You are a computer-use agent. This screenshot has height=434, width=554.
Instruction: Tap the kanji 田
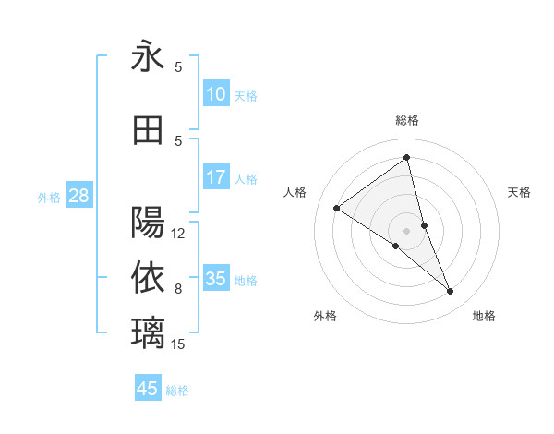[148, 130]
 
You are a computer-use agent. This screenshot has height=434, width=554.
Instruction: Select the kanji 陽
[148, 223]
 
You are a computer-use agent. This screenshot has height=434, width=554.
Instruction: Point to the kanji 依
[148, 276]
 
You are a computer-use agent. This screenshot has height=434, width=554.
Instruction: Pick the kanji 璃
[148, 331]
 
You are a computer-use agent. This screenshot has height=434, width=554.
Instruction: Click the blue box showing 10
[216, 94]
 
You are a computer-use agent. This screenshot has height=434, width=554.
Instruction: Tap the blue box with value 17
[216, 177]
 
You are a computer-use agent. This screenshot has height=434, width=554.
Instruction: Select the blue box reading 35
[216, 279]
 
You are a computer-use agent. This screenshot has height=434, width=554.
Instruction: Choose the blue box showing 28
[78, 196]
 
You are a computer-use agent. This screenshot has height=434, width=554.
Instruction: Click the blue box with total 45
[148, 389]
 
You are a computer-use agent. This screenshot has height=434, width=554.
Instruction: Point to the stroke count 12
[178, 234]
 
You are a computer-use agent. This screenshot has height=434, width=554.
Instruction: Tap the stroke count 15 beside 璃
[178, 344]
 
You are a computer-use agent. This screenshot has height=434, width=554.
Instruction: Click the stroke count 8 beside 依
[178, 289]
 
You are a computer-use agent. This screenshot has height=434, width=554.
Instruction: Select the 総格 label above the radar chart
[407, 120]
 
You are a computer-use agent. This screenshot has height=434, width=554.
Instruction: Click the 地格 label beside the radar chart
[484, 316]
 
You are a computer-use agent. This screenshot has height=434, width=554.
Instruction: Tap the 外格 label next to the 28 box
[49, 197]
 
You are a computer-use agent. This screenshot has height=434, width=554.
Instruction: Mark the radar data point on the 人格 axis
[337, 208]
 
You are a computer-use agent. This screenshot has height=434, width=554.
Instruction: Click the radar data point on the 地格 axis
[451, 292]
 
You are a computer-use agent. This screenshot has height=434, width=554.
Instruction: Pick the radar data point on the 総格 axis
[407, 158]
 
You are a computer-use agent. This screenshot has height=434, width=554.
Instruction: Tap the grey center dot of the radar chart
[407, 230]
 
